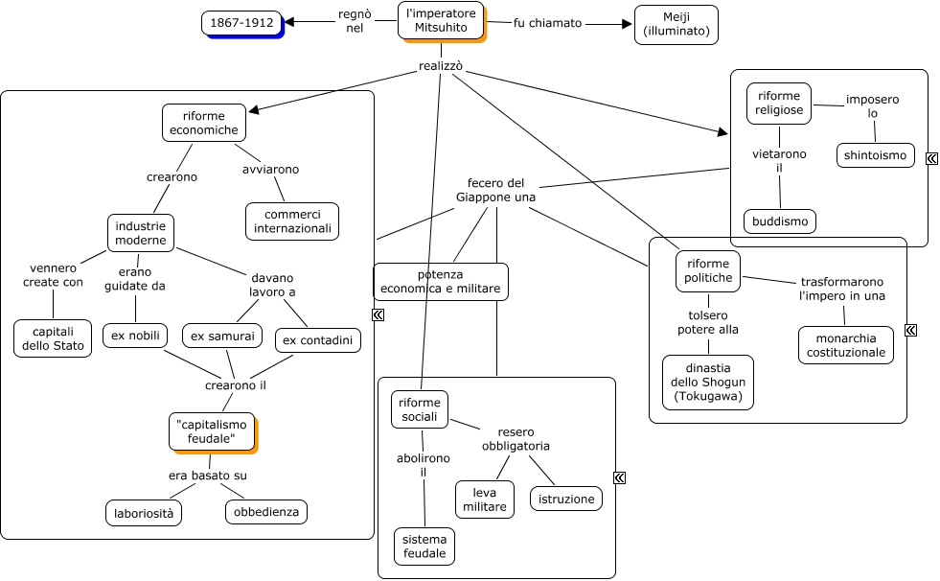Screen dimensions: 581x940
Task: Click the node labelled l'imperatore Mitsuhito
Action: click(441, 20)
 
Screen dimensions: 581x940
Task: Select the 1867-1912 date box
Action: click(242, 22)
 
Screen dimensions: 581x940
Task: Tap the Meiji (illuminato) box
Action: click(676, 24)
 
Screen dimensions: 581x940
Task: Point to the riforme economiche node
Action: click(203, 123)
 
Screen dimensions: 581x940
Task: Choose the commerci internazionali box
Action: click(292, 221)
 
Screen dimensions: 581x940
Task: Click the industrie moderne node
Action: click(140, 233)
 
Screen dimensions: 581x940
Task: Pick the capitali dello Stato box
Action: click(53, 338)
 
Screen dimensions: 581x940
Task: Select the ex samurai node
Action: click(222, 336)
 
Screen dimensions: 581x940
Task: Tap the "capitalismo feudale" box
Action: click(212, 431)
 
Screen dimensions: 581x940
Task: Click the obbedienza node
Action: click(266, 512)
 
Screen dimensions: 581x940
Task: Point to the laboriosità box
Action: click(144, 513)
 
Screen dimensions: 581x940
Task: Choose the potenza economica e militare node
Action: click(440, 281)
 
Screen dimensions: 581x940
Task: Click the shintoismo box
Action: click(876, 154)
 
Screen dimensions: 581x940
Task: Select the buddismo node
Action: click(780, 221)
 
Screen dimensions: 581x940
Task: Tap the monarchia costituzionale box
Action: click(846, 345)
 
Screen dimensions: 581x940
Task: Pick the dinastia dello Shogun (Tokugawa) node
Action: click(708, 382)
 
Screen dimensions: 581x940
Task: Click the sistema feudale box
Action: click(424, 546)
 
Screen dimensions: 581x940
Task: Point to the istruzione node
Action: click(566, 499)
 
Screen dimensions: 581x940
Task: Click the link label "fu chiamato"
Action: click(547, 23)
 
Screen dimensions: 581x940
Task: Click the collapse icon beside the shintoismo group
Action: click(931, 159)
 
